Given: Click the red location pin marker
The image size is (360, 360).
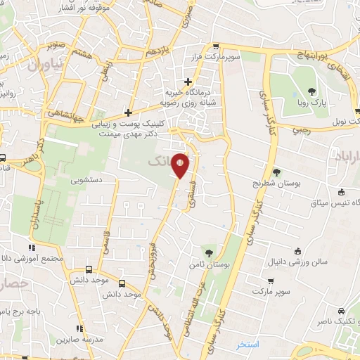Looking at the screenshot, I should [x=181, y=165].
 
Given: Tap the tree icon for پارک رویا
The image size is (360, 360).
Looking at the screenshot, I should [x=311, y=92].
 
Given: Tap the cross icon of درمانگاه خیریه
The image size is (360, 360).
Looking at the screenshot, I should [x=188, y=82].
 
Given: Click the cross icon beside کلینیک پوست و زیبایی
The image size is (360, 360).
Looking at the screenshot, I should [x=127, y=112].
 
